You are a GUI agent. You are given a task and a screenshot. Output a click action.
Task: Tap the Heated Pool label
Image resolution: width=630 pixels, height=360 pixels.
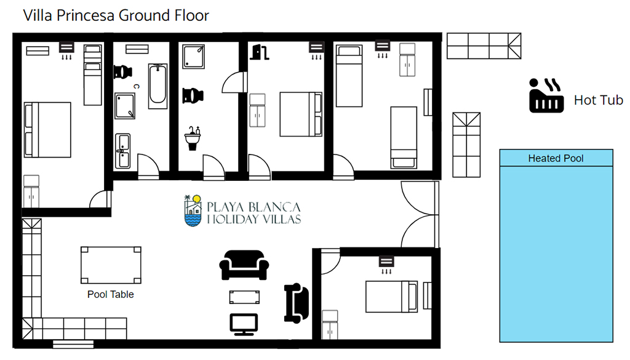[x=556, y=158]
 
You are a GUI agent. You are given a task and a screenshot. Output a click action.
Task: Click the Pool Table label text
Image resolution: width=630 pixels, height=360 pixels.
[x=111, y=295]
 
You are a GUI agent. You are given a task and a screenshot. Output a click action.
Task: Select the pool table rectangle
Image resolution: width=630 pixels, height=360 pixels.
[x=111, y=265]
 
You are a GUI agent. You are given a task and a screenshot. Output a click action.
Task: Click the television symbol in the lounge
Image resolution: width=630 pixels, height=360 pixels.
[x=244, y=324]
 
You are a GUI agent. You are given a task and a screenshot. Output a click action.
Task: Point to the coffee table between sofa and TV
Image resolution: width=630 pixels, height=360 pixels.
[x=244, y=297]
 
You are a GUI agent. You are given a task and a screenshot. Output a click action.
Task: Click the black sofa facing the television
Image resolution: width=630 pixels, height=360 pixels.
[x=244, y=265]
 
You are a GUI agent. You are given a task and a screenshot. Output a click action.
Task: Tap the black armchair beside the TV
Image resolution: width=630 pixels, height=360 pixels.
[x=297, y=303]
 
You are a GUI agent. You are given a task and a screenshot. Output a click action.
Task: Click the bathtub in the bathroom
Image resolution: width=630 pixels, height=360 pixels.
[x=158, y=86]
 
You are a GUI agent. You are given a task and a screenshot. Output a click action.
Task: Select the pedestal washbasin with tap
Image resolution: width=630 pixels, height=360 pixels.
[x=193, y=138]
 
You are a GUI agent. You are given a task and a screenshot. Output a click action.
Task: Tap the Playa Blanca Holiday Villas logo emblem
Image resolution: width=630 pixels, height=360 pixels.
[x=193, y=210]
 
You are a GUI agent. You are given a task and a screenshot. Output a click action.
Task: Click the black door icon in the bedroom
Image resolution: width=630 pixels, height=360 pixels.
[x=260, y=52]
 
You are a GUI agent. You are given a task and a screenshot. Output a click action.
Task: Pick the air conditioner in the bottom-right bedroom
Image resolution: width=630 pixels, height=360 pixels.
[x=386, y=262]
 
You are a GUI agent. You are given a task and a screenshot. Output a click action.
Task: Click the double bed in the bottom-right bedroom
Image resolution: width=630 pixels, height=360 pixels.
[x=392, y=297]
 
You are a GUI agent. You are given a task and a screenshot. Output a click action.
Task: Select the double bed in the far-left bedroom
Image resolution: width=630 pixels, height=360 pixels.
[x=47, y=130]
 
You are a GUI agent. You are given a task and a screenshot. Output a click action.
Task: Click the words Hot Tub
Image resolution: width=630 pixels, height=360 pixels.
[x=598, y=100]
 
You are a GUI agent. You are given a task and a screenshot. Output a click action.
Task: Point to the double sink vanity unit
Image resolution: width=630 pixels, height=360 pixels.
[x=123, y=151]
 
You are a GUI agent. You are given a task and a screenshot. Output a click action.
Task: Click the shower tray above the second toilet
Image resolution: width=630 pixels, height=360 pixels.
[x=193, y=57]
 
